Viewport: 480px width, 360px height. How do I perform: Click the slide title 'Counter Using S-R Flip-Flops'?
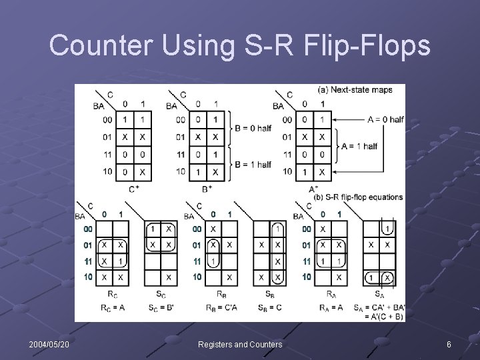click(240, 45)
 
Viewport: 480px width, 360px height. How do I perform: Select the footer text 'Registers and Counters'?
click(240, 344)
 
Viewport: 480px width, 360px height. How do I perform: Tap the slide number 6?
click(449, 344)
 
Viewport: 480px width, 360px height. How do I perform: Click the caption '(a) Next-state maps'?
click(355, 89)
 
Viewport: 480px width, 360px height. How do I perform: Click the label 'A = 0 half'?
click(385, 119)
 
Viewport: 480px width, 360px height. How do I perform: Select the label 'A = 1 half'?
click(359, 145)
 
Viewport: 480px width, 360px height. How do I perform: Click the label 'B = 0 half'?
click(253, 128)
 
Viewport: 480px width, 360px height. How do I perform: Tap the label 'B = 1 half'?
click(253, 164)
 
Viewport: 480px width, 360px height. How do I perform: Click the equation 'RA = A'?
click(331, 307)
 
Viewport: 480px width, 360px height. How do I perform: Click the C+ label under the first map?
click(133, 189)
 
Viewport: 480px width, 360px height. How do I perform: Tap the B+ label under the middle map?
click(207, 189)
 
